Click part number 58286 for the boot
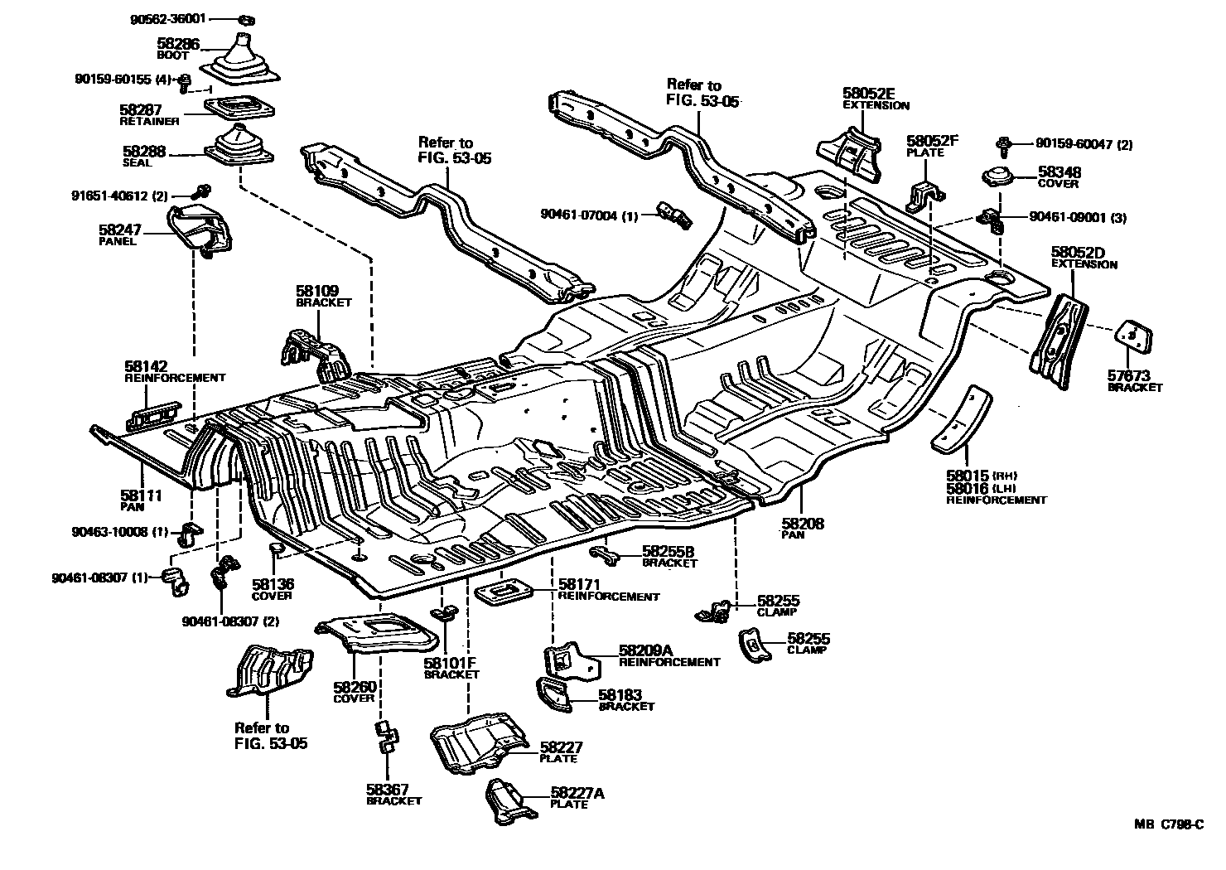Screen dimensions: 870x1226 point(178,44)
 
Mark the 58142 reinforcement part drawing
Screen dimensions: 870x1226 point(153,415)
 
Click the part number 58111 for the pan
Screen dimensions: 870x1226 point(141,495)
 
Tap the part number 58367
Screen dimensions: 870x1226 point(389,789)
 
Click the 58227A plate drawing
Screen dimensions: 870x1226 point(507,801)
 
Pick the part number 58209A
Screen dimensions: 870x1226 point(648,650)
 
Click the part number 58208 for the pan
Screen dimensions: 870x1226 point(803,524)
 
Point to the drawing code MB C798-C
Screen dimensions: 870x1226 point(1169,824)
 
